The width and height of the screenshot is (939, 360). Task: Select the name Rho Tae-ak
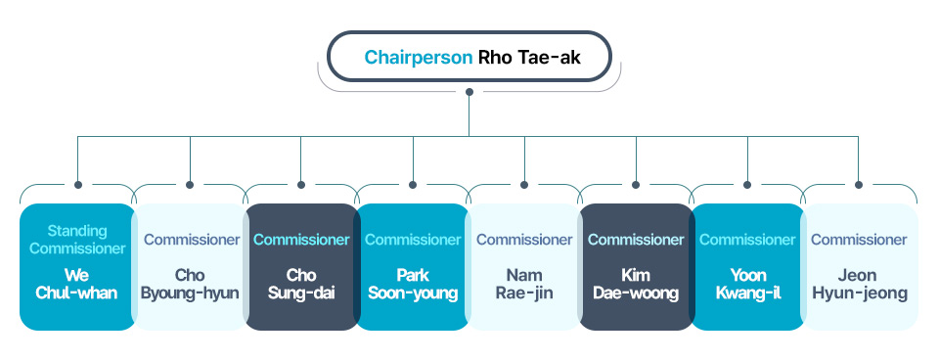point(529,58)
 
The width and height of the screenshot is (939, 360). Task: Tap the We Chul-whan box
point(76,266)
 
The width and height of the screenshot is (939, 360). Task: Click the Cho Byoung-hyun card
point(190,266)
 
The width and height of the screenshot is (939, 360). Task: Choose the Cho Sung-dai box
point(301,266)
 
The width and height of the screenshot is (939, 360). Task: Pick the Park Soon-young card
point(413,266)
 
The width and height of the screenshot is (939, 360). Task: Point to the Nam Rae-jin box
point(524,266)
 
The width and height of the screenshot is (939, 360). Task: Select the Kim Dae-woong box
point(636,266)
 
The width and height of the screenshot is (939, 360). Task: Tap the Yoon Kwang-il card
point(747,266)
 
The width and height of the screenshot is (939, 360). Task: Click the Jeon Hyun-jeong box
point(859,266)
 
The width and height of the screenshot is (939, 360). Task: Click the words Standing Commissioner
point(77,240)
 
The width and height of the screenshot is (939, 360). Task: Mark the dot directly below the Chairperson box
point(469,92)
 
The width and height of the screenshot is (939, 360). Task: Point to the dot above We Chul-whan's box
point(78,185)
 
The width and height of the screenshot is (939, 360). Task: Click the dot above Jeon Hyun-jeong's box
point(859,185)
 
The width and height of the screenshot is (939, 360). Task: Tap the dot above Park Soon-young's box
point(413,185)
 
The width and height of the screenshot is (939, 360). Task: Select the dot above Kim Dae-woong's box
point(636,185)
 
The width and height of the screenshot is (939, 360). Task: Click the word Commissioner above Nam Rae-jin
point(524,240)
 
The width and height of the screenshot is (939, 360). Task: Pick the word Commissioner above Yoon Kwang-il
point(747,240)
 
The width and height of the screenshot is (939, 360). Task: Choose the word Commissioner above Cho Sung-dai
point(301,240)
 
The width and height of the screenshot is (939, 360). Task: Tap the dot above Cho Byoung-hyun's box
point(190,185)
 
